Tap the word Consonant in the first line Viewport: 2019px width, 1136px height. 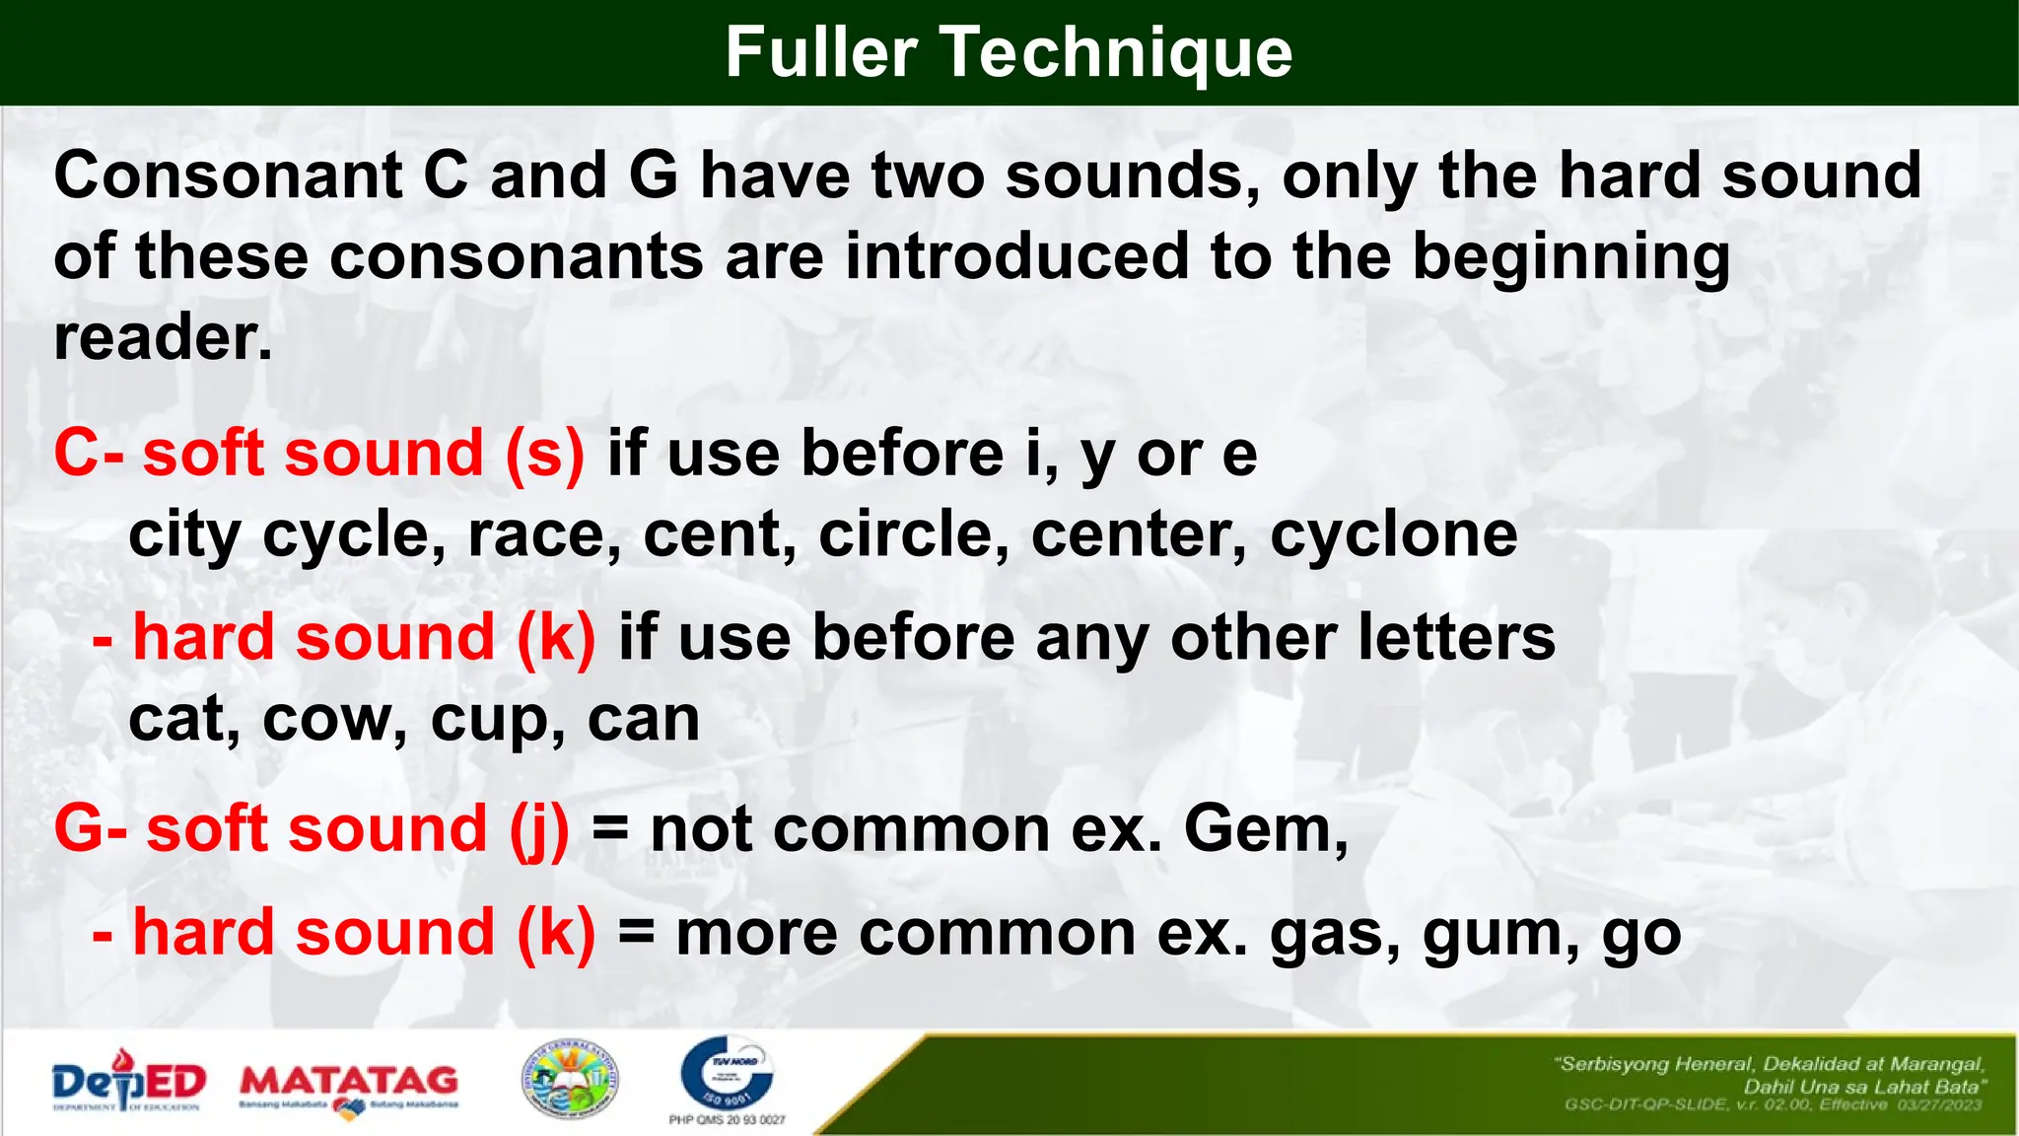tap(228, 177)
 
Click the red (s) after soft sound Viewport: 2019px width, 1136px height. tap(545, 455)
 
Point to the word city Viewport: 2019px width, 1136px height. tap(184, 536)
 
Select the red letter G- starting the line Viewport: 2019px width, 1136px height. tap(90, 829)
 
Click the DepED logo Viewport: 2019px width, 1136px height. tap(128, 1082)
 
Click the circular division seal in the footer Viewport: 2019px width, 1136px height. tap(569, 1081)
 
